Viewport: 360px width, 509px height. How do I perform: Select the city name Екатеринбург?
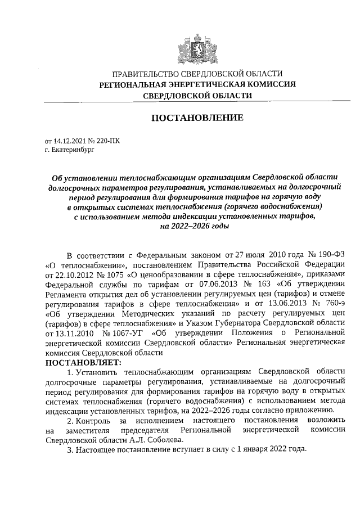click(x=66, y=151)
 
